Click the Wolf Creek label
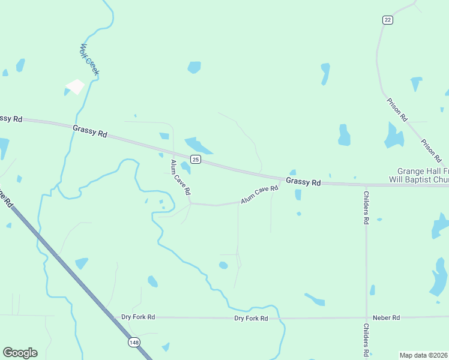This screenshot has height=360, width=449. click(90, 59)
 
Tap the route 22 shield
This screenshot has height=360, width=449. click(388, 20)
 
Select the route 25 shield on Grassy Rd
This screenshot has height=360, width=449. click(196, 159)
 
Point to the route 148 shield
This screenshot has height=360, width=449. click(133, 342)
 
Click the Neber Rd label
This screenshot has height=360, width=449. click(386, 317)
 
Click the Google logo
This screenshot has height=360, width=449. click(20, 353)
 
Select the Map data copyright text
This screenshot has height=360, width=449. click(424, 355)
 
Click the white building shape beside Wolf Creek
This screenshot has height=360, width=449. click(76, 87)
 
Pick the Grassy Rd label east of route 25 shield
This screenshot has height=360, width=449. click(303, 181)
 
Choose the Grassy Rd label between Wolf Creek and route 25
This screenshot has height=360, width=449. click(89, 131)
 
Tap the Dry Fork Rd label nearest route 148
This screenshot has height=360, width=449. click(138, 317)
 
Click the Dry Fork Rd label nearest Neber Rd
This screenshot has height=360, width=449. click(251, 318)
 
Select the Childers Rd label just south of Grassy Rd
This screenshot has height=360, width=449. click(366, 208)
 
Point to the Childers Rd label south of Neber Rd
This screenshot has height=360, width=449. click(366, 340)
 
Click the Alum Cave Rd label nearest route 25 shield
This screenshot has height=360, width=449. click(180, 177)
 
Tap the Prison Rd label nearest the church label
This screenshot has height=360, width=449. click(431, 151)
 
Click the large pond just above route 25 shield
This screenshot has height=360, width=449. click(198, 146)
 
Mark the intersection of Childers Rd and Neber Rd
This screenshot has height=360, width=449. click(366, 317)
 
